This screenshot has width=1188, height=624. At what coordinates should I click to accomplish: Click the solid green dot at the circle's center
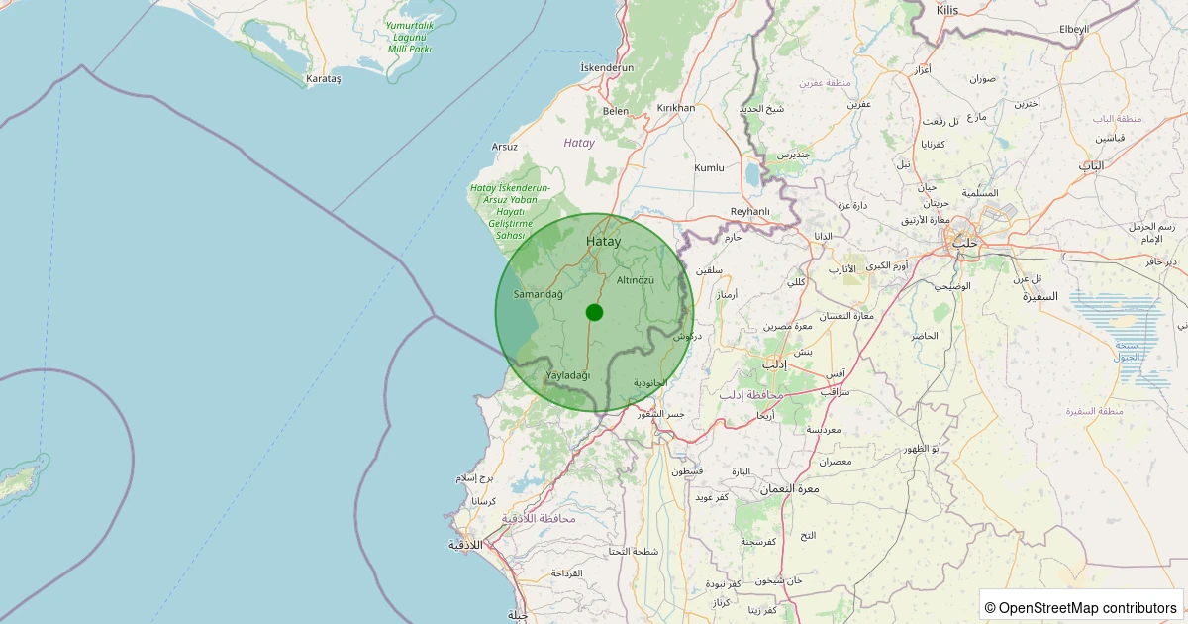coord(594,312)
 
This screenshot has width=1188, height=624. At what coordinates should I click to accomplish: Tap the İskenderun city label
coord(607,67)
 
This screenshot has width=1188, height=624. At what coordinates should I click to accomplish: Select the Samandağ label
coord(539,294)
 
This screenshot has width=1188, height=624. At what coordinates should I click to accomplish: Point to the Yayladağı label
coord(568,375)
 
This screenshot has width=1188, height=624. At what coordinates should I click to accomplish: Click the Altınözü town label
coord(636,281)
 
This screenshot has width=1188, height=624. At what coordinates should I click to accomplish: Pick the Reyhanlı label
coord(749,211)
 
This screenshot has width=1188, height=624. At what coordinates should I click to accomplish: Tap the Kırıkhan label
coord(676,108)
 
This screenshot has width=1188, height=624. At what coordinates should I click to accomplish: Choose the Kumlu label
coord(709,168)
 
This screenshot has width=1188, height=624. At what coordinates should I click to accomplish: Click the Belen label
coord(616,111)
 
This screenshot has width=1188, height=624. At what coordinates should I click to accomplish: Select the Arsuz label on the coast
coord(505,147)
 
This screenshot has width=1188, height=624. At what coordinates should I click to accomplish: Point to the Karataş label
coord(324,78)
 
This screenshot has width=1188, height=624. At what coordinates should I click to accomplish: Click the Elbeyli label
coord(1073,30)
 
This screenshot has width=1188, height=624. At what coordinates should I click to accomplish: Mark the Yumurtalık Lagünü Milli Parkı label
coord(410,37)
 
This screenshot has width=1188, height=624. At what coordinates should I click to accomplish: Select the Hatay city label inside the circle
coord(604,241)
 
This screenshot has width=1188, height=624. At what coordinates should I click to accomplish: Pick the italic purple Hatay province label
coord(579,143)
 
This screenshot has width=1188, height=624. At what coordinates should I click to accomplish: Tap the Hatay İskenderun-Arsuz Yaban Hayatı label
coord(510,211)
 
